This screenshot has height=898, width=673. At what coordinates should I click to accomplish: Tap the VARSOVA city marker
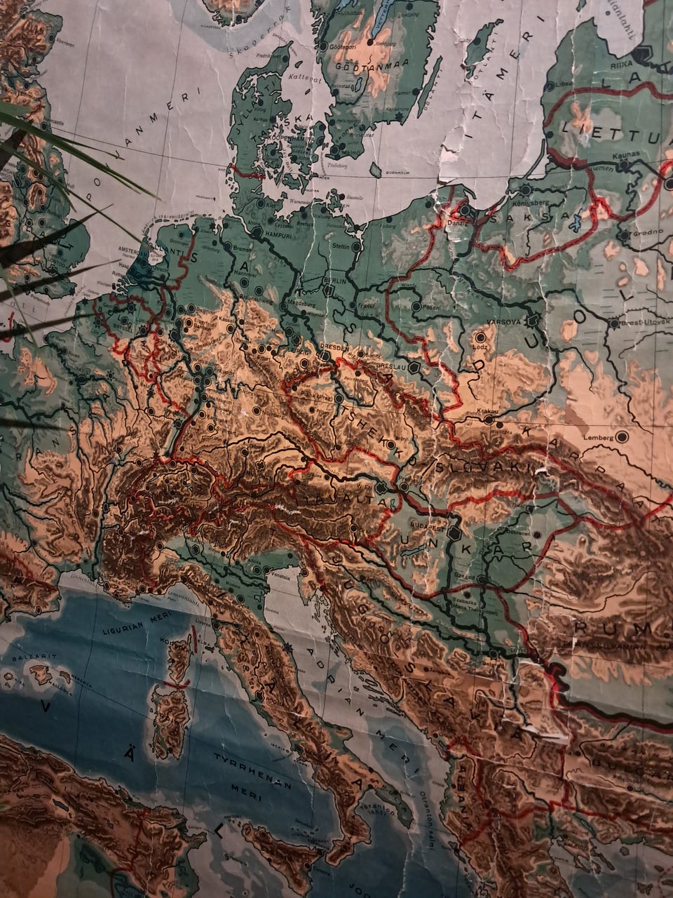click(533, 321)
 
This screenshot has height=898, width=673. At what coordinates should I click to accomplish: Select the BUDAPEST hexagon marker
click(454, 532)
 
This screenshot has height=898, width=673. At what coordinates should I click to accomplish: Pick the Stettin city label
click(341, 246)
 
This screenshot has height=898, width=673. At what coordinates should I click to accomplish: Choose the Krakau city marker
click(488, 420)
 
